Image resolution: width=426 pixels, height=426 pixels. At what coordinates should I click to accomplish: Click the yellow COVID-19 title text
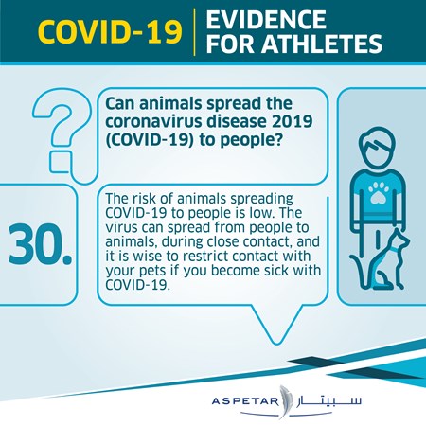[x=110, y=32]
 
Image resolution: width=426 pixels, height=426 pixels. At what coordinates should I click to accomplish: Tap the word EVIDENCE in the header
[x=266, y=20]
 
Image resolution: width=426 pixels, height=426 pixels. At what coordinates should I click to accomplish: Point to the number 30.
[x=41, y=244]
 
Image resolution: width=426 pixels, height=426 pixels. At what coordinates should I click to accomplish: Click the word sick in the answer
[x=276, y=270]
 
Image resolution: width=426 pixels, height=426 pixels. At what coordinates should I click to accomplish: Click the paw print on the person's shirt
[x=377, y=192]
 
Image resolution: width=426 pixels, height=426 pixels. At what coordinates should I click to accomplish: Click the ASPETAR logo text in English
[x=245, y=401]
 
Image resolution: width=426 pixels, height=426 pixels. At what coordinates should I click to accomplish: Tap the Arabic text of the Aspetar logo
[x=328, y=400]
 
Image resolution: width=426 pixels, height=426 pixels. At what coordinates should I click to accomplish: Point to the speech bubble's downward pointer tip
[x=276, y=344]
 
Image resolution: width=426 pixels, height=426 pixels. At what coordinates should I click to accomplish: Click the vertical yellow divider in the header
[x=194, y=32]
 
